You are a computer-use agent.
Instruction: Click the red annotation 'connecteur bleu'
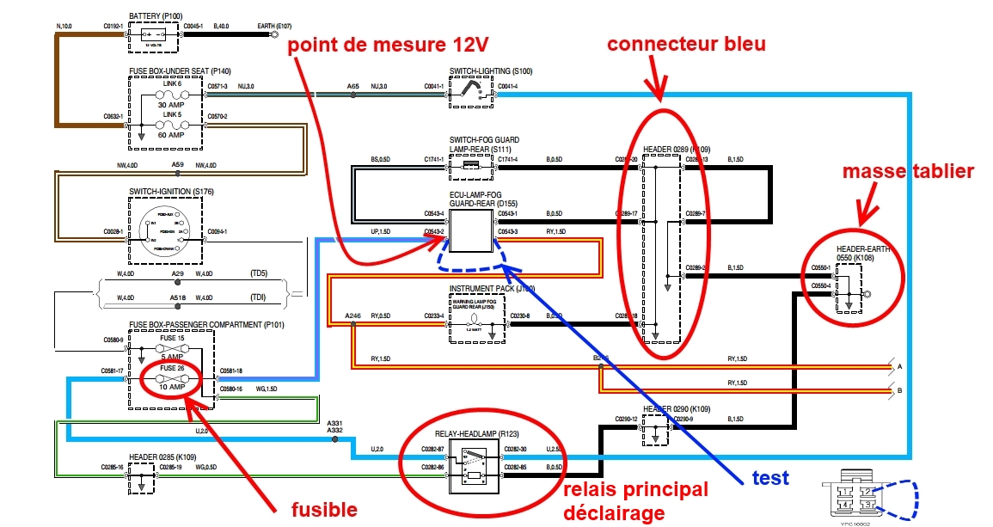pos(685,44)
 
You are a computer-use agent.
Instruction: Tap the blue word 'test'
pos(771,478)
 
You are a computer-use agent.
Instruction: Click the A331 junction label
pos(335,424)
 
